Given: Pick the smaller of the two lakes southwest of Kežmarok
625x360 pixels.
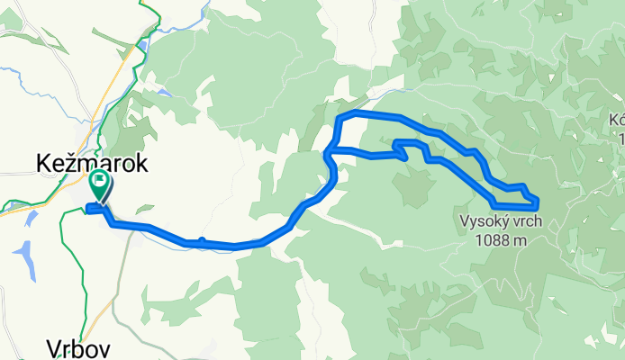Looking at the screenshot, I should (x=32, y=219).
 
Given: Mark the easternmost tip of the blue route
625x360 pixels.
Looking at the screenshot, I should (x=539, y=200).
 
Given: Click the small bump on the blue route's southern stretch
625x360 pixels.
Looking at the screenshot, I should (x=203, y=239).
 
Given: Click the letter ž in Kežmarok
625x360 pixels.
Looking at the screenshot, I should (x=70, y=164).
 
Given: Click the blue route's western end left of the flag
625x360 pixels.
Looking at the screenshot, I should (x=87, y=211).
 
